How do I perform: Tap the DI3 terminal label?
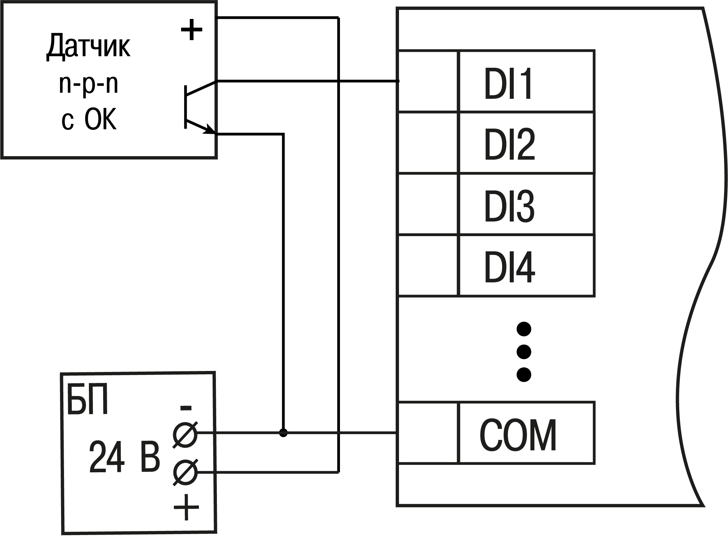click(509, 206)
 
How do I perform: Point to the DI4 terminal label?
click(509, 267)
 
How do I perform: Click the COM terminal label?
click(518, 435)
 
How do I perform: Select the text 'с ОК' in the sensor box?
click(89, 120)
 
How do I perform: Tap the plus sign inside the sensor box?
click(191, 30)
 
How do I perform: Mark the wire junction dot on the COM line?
click(283, 433)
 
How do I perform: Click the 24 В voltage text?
click(124, 457)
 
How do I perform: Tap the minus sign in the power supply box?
click(186, 408)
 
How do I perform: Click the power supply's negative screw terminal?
click(185, 434)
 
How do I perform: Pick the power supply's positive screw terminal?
click(185, 472)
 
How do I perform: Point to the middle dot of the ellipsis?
click(524, 351)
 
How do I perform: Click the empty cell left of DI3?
click(428, 204)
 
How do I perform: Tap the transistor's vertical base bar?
click(186, 107)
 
